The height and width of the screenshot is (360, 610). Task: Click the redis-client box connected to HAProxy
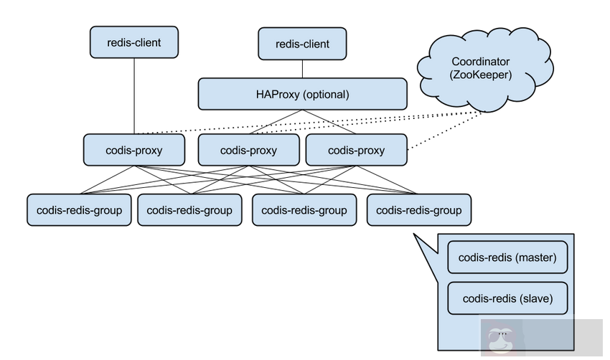pyautogui.click(x=301, y=44)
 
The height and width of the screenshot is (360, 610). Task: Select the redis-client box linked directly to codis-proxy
pyautogui.click(x=133, y=42)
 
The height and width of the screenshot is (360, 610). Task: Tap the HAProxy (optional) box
pyautogui.click(x=301, y=95)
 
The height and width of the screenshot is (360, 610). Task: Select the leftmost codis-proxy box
pyautogui.click(x=134, y=151)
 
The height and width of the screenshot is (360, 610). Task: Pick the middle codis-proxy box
pyautogui.click(x=248, y=151)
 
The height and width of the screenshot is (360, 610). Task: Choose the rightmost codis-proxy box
pyautogui.click(x=356, y=151)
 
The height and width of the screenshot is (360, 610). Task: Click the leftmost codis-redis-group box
pyautogui.click(x=79, y=210)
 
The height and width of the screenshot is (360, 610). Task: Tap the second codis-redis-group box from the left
pyautogui.click(x=189, y=210)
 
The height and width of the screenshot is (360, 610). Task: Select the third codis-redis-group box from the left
pyautogui.click(x=304, y=210)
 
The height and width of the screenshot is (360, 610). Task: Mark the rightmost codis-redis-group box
pyautogui.click(x=418, y=210)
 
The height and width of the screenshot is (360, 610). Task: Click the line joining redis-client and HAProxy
pyautogui.click(x=301, y=69)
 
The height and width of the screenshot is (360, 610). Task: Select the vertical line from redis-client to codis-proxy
pyautogui.click(x=133, y=93)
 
